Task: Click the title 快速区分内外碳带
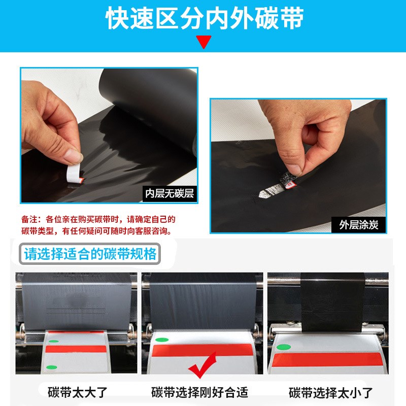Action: click(x=203, y=19)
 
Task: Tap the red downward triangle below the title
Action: click(x=204, y=42)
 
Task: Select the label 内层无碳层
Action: click(x=170, y=193)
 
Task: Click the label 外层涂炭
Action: click(x=359, y=225)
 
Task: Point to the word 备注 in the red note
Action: click(x=28, y=220)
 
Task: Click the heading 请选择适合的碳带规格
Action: click(x=90, y=253)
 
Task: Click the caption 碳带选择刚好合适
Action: click(x=199, y=392)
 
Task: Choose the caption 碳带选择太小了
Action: click(x=331, y=392)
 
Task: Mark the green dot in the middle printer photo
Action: click(x=161, y=341)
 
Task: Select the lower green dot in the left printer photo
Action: click(x=50, y=367)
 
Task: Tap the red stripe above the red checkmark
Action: click(x=203, y=350)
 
